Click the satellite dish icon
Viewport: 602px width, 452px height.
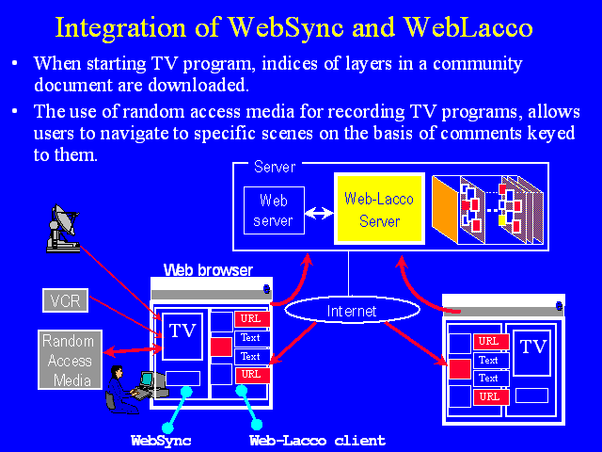tap(63, 228)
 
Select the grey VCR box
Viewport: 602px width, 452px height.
tap(65, 300)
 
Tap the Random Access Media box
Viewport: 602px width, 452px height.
tap(70, 360)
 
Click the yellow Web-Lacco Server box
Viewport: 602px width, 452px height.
tap(379, 209)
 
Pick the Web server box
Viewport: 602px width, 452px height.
tap(274, 210)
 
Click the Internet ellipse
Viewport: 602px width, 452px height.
tap(352, 310)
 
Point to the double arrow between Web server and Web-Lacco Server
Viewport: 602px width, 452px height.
tap(319, 213)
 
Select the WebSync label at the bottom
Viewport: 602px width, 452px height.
tap(161, 441)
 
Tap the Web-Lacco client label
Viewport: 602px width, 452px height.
tap(317, 441)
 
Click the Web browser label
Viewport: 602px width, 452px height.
tap(208, 270)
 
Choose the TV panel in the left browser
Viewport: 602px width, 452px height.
tap(182, 337)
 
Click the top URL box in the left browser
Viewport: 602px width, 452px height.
tap(251, 318)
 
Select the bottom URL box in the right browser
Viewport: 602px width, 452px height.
tap(491, 397)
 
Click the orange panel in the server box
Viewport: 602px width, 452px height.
tap(445, 209)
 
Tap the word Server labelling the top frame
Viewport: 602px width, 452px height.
tap(275, 168)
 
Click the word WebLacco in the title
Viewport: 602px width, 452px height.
tap(468, 27)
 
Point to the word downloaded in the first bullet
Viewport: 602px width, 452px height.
tap(198, 85)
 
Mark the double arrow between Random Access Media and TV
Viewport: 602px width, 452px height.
tap(134, 349)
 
